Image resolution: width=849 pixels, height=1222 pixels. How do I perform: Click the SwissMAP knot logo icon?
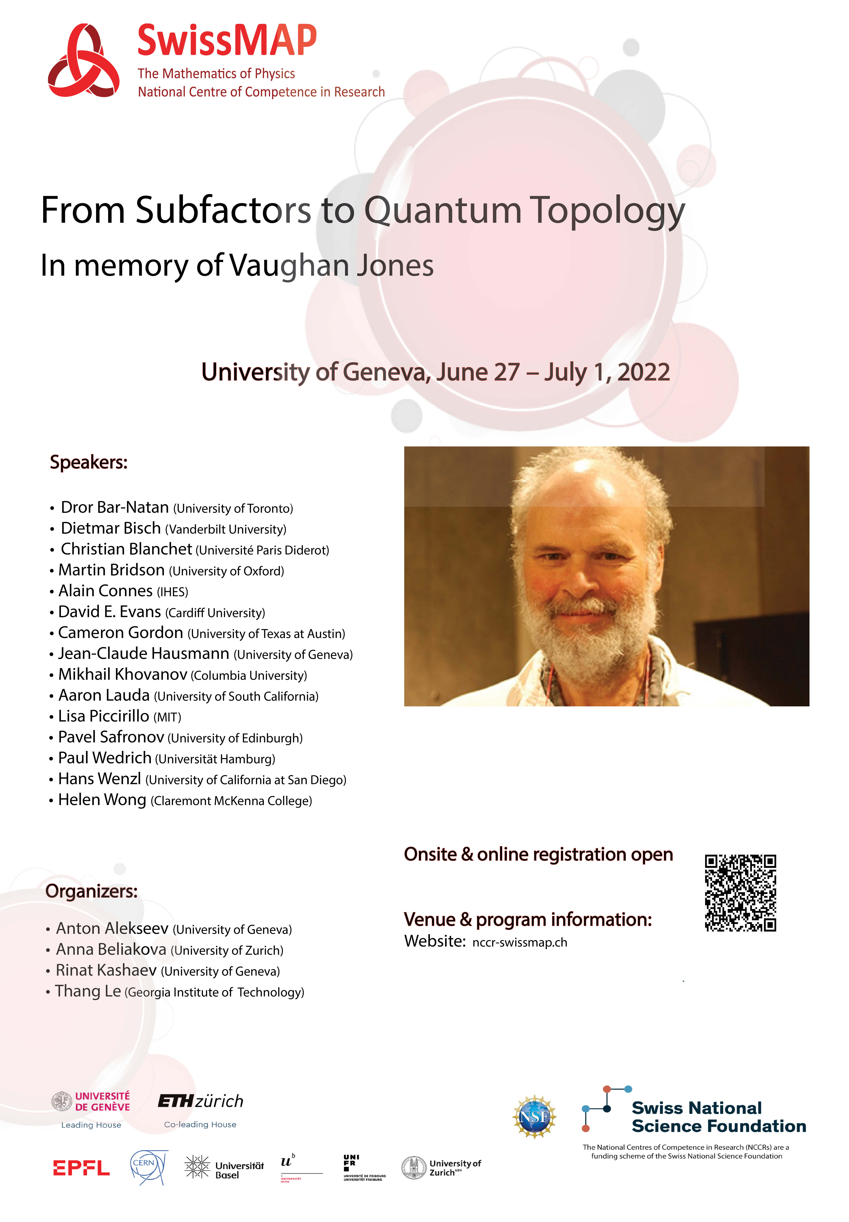click(x=84, y=61)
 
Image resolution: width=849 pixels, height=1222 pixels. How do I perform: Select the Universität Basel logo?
click(x=224, y=1167)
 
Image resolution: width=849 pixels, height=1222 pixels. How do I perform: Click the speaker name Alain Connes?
click(x=105, y=591)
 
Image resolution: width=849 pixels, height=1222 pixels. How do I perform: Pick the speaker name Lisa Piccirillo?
click(x=104, y=716)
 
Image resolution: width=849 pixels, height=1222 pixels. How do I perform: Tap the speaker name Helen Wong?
click(x=102, y=800)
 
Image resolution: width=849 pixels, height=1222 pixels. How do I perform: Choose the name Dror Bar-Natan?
click(x=115, y=507)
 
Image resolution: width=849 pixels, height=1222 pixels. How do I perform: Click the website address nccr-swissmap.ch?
click(x=520, y=942)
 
